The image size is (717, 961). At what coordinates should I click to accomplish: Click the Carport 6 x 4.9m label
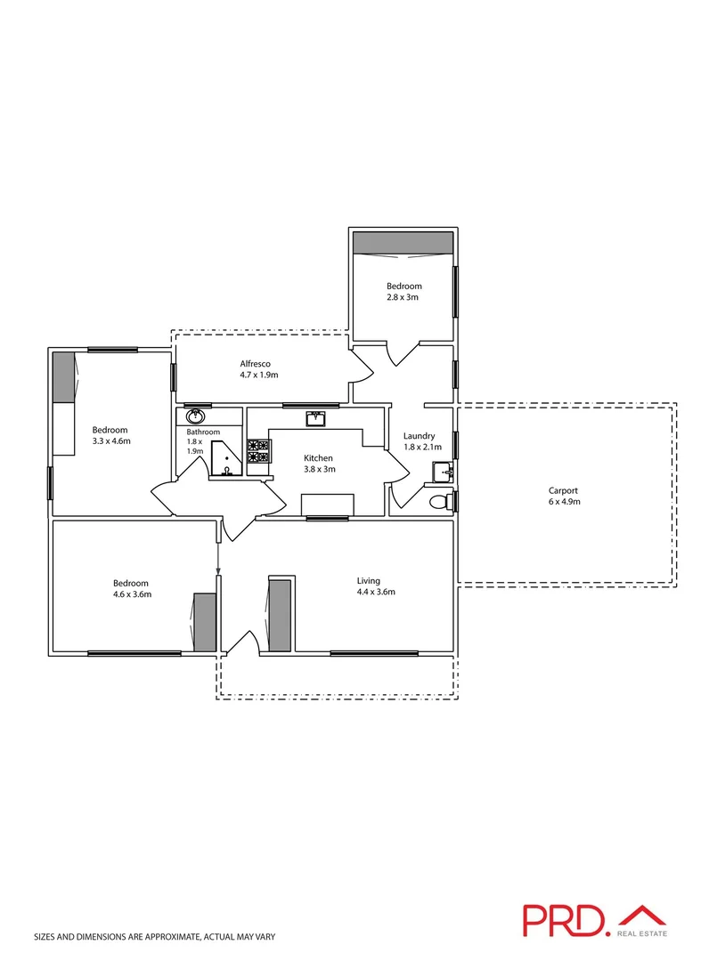563,496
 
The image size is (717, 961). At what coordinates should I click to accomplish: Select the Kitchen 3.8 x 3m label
318,464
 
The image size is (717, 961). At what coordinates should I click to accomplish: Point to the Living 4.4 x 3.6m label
370,585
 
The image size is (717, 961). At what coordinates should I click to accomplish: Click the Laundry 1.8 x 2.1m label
419,441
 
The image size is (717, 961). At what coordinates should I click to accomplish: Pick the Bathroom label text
202,432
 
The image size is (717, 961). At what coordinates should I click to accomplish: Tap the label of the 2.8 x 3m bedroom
403,292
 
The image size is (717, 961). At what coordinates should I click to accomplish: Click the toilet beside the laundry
440,503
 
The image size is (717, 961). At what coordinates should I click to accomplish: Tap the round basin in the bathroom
195,416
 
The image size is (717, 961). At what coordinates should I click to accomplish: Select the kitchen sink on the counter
316,418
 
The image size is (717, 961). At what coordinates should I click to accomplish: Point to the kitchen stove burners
257,451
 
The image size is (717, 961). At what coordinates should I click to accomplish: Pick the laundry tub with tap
443,471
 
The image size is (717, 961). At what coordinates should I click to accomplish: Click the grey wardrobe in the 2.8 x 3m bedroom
403,242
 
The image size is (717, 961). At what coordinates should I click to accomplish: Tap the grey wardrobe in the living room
281,615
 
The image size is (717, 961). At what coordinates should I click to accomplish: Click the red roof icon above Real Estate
642,914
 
